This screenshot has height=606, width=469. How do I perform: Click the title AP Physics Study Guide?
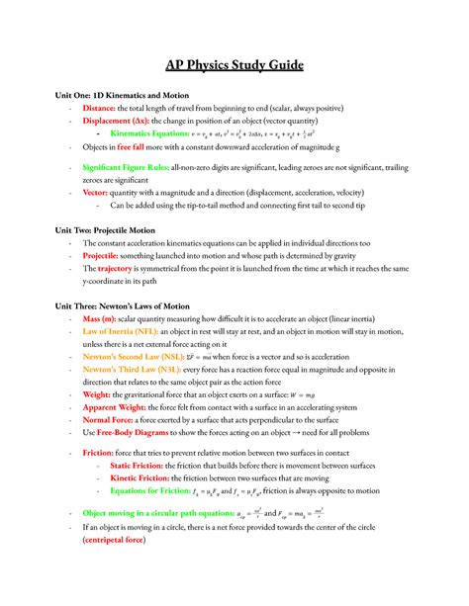pos(234,66)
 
